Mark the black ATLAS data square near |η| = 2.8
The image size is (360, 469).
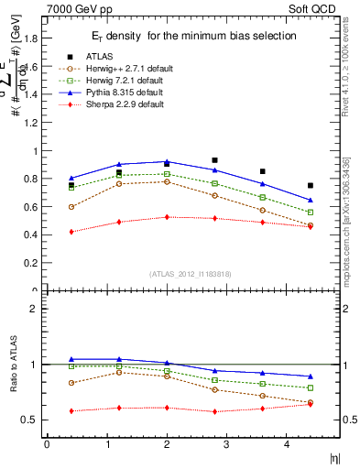click(x=214, y=160)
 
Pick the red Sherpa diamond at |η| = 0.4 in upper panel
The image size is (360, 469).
click(x=71, y=232)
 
